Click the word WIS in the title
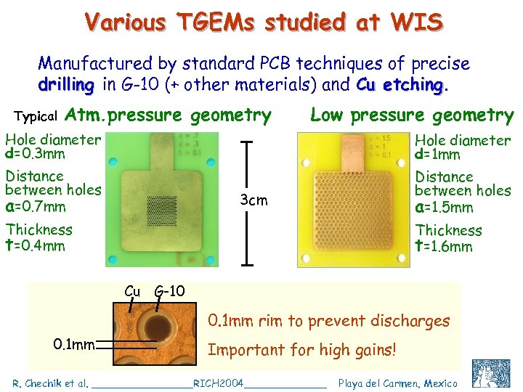[415, 22]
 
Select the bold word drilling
[65, 84]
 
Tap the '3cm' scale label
[253, 200]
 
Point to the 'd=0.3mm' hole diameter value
[35, 154]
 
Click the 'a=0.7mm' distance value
[35, 206]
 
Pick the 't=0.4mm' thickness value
[35, 246]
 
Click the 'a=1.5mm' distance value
[444, 207]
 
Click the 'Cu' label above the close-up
[132, 291]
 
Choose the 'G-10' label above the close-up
[171, 291]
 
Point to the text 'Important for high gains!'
[302, 350]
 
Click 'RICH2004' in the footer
[218, 383]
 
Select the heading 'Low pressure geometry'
[412, 115]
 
